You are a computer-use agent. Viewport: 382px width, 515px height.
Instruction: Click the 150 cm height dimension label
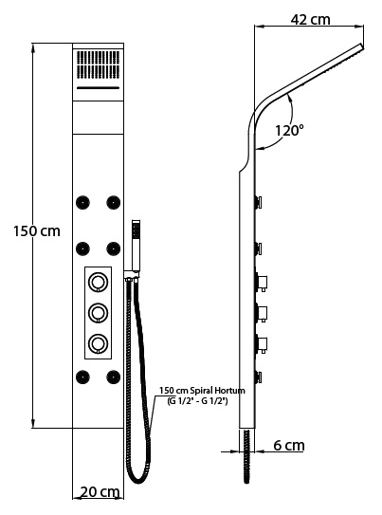point(37,231)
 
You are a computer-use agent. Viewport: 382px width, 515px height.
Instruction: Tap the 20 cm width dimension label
point(100,492)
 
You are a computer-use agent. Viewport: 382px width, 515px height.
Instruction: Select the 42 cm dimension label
point(311,20)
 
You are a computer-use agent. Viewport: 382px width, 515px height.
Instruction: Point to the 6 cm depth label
point(289,446)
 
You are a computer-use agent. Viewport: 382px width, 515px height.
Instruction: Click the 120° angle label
point(289,130)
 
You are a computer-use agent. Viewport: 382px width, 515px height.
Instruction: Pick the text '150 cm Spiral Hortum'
point(202,391)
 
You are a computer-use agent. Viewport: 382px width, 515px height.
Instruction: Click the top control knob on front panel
point(99,282)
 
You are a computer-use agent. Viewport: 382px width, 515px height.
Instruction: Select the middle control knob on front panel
point(99,313)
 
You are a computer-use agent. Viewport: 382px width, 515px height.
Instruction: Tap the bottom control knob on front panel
point(99,343)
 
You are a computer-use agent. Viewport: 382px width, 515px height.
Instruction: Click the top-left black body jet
point(82,202)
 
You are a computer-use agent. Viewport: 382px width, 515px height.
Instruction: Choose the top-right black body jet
point(113,202)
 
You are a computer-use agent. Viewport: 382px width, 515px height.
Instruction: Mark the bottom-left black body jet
point(82,377)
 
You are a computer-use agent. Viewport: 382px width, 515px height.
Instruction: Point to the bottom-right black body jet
point(113,377)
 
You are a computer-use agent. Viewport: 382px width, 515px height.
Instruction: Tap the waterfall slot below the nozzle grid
point(98,87)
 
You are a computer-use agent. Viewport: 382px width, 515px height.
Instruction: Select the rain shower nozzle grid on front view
point(99,64)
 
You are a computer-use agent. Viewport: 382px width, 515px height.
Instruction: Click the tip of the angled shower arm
point(362,46)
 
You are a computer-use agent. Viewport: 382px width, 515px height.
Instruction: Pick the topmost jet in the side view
point(258,202)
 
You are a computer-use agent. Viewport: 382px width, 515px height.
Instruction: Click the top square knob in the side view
point(262,283)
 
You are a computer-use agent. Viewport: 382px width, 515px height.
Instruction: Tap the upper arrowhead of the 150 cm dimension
point(33,48)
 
